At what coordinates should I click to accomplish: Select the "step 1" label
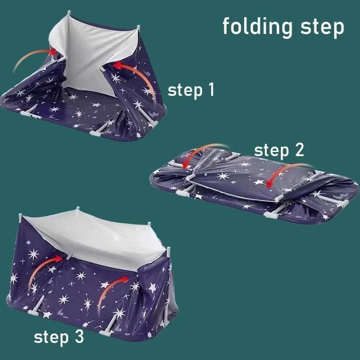click(191, 90)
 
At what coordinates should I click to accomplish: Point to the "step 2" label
click(279, 150)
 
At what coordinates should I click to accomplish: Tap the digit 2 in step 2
click(300, 150)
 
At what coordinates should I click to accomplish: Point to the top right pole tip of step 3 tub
click(169, 249)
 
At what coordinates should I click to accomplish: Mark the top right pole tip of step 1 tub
click(138, 27)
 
